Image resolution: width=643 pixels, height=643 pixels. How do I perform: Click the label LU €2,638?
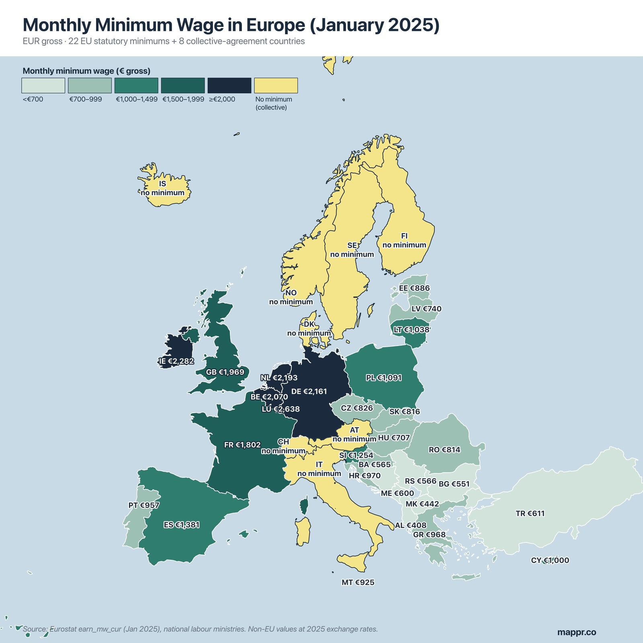click(x=281, y=409)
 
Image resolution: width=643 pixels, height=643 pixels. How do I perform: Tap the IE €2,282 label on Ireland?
click(x=176, y=361)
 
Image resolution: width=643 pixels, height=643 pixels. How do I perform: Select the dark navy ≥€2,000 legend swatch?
click(x=229, y=86)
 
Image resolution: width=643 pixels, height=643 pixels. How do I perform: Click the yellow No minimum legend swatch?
click(x=276, y=86)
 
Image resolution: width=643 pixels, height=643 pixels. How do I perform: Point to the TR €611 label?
click(x=530, y=513)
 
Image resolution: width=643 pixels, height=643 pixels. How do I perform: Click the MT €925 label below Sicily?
click(x=358, y=582)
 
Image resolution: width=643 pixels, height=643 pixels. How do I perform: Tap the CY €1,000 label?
click(x=550, y=560)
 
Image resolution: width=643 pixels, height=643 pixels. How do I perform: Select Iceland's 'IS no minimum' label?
click(x=162, y=188)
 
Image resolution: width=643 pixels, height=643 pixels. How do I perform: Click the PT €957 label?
click(x=144, y=505)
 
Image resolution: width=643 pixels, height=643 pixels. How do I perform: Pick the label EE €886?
click(x=414, y=288)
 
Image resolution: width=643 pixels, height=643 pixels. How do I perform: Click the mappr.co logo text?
click(x=576, y=632)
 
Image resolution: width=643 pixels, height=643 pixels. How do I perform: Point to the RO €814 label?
click(x=444, y=450)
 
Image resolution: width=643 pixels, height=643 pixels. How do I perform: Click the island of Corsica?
click(x=305, y=506)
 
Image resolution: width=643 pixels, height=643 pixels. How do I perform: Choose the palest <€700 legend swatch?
click(x=43, y=86)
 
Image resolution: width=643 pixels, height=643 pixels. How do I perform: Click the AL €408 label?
click(x=410, y=525)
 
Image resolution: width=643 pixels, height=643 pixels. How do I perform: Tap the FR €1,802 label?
click(x=242, y=445)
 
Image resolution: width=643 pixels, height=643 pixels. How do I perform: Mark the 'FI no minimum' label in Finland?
click(x=404, y=240)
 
